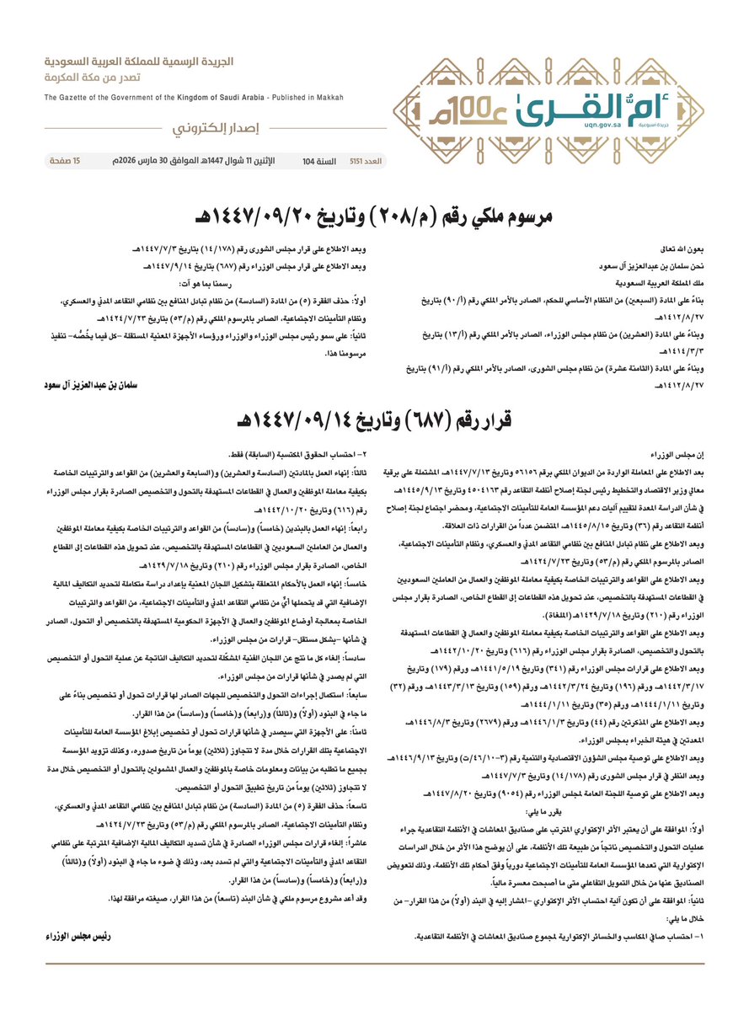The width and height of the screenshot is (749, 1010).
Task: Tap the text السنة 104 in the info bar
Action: (319, 160)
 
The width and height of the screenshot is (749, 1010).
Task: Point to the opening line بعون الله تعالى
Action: (682, 251)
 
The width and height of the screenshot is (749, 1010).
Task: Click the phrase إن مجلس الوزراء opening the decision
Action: (678, 454)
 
